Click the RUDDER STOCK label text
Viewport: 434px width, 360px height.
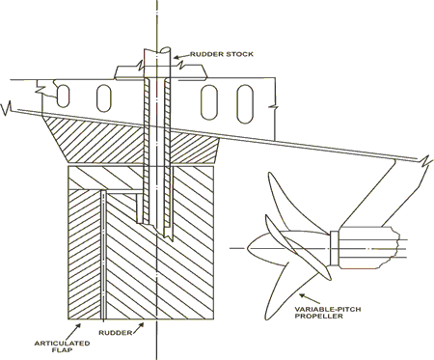point(222,54)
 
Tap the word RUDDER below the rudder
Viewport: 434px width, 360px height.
point(116,333)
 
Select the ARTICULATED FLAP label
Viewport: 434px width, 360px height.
point(62,346)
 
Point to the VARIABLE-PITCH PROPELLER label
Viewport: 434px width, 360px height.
point(328,313)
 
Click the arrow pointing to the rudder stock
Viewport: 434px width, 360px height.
point(181,57)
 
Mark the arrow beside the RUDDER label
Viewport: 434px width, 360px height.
point(138,327)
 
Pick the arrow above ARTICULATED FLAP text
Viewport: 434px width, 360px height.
point(74,330)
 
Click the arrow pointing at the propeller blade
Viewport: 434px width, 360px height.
point(310,298)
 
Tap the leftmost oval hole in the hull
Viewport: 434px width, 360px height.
point(63,96)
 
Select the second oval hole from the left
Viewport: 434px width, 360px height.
point(104,98)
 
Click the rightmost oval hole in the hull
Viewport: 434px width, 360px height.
point(245,103)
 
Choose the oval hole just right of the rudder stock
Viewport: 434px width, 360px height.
point(209,102)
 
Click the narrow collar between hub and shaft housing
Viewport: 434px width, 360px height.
point(335,248)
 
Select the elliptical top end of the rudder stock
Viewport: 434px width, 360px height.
point(166,50)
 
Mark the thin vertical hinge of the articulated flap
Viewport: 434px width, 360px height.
point(103,255)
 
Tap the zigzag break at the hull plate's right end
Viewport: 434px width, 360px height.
point(426,159)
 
